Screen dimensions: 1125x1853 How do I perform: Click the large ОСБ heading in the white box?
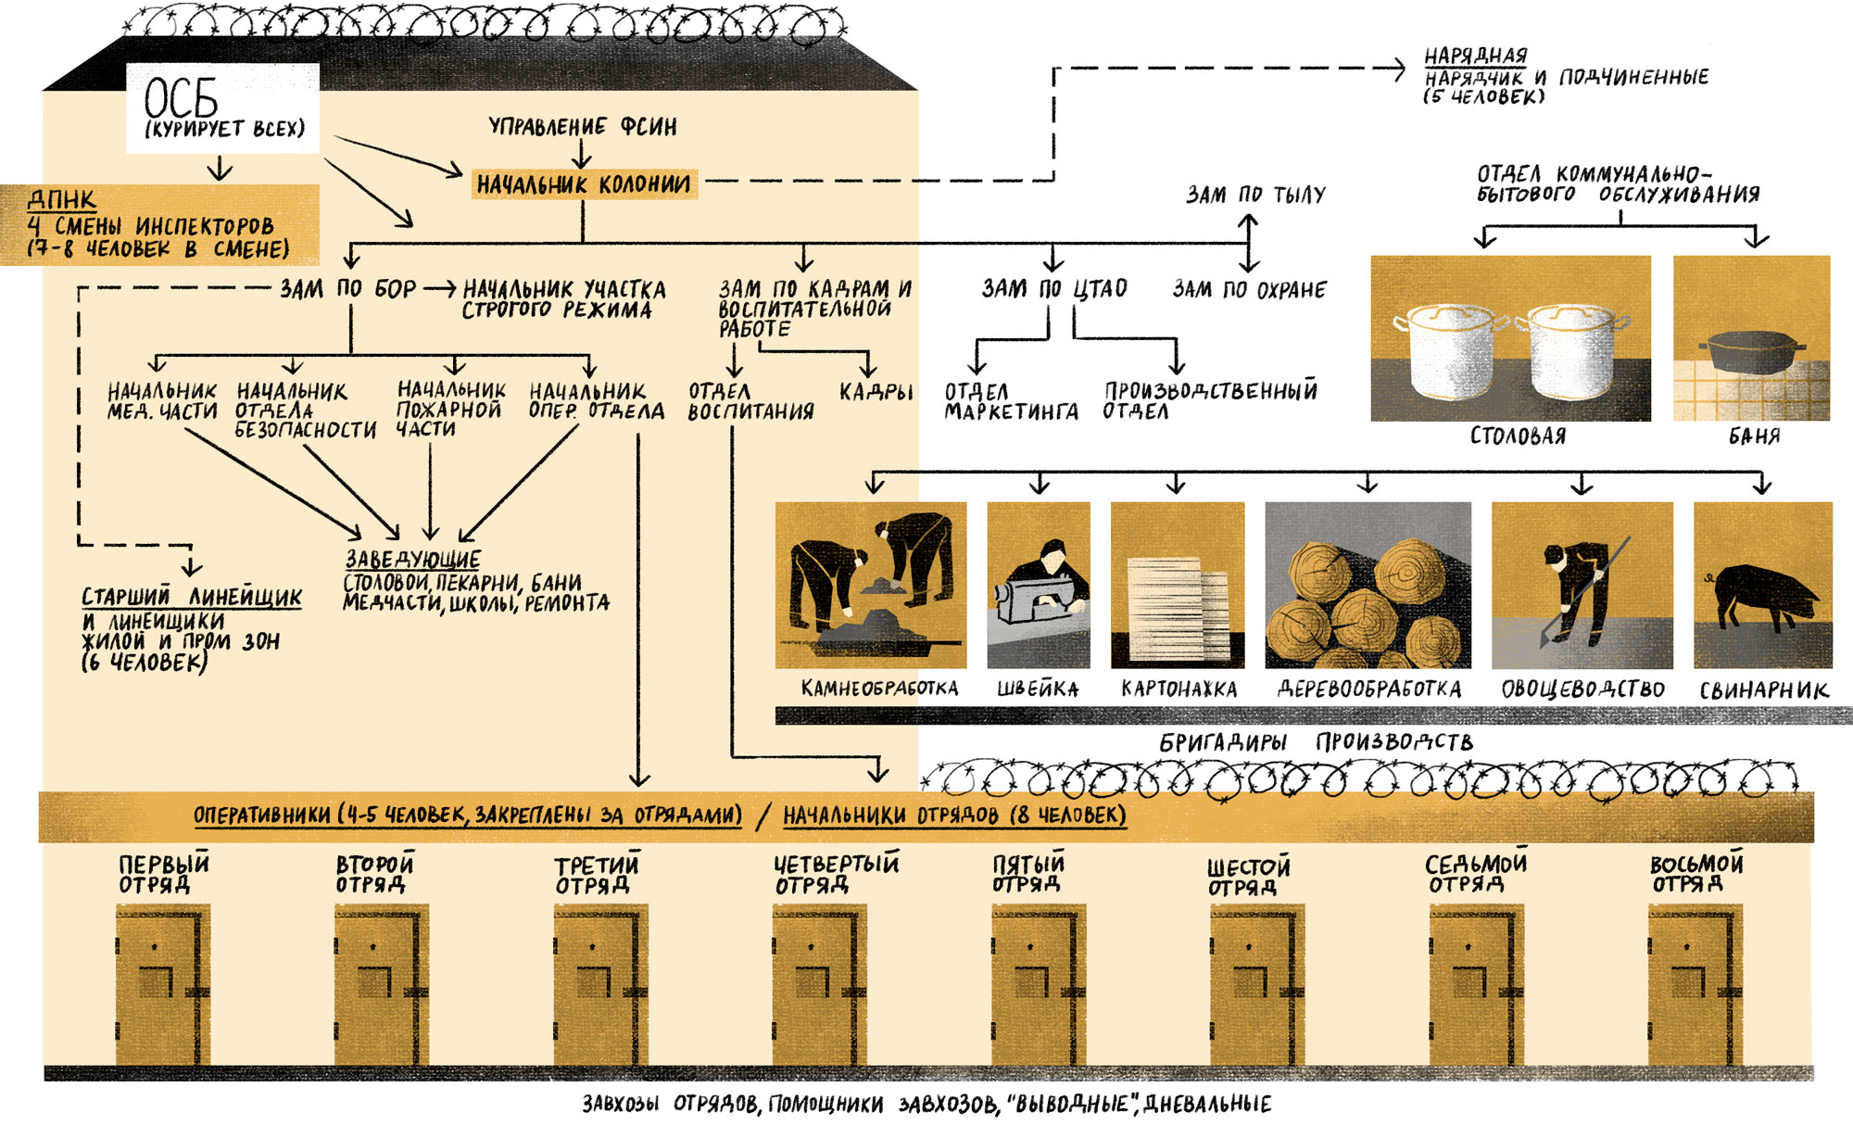182,97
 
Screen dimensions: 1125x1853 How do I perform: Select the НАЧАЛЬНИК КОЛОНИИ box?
584,184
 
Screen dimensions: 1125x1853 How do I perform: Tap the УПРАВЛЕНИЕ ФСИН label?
583,127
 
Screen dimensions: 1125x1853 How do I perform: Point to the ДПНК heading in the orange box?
62,199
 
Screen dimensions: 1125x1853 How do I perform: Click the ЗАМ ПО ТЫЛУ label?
1256,195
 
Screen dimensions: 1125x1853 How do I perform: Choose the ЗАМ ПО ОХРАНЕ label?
1249,290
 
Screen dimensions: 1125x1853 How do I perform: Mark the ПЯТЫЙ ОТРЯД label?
1028,874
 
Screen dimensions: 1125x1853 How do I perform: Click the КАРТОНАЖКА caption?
1179,689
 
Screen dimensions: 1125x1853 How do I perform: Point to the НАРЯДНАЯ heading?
1476,56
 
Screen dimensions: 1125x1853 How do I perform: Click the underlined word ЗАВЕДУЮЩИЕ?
413,560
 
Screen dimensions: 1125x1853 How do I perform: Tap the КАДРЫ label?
876,392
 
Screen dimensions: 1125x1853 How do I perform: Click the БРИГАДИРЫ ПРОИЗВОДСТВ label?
1316,742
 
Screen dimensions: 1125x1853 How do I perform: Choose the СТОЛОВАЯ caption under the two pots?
1518,436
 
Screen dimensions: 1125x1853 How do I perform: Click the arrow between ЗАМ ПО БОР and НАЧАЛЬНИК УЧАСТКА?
440,289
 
